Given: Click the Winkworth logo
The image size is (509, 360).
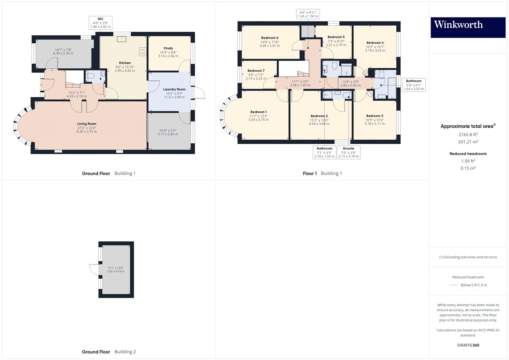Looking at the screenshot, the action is point(468,27).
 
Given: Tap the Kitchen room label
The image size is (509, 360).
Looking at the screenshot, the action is point(125,63).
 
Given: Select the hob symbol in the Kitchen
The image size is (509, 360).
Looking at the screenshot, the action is point(143,52).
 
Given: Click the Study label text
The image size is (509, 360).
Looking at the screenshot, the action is point(168,48).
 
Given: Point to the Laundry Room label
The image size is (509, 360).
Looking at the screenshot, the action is point(174,89).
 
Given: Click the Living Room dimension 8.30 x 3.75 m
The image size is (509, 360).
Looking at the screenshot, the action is point(87,132).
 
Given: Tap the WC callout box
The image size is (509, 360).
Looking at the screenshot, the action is point(100,23).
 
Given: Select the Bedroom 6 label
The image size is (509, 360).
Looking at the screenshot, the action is point(270,38).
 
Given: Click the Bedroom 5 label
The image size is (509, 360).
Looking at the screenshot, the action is point(336,37).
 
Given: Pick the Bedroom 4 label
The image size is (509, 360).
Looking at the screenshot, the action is point(375,43).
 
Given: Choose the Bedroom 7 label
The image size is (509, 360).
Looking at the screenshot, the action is point(256,71).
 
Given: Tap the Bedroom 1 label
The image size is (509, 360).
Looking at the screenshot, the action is point(258,112).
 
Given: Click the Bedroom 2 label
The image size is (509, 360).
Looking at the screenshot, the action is point(319,116).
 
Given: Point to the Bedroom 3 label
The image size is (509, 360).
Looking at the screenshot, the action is point(374,116).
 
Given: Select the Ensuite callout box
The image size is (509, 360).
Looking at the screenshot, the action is point(349,152).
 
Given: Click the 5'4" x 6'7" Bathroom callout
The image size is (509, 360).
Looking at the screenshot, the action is point(414,85).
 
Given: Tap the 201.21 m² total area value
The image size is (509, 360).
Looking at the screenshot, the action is point(468,141).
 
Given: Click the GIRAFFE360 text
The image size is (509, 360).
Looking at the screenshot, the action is point(468,345).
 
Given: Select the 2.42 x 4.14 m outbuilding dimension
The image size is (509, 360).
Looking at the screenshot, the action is point(116,271).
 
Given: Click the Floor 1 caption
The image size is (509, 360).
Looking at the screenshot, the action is point(309,173).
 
